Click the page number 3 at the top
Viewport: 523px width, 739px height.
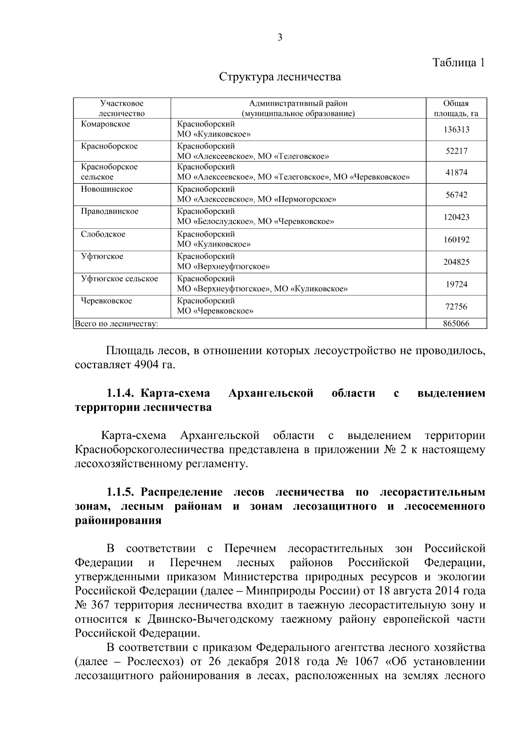click(280, 37)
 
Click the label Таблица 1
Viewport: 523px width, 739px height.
click(458, 62)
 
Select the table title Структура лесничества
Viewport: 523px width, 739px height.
click(280, 77)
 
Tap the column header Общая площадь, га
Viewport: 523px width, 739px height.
click(456, 108)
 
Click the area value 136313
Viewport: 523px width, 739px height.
click(456, 129)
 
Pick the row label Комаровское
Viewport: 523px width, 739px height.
click(105, 124)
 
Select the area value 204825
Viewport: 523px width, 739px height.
click(456, 262)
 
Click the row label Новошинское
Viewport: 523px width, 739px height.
click(107, 189)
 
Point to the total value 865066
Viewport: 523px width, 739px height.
click(456, 324)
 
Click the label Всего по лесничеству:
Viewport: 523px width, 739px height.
click(116, 324)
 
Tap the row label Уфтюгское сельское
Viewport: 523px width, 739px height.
click(119, 278)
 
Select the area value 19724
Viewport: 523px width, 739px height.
click(456, 284)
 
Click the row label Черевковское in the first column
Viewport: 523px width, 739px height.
click(106, 301)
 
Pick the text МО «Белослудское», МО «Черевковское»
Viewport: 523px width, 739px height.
click(255, 222)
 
